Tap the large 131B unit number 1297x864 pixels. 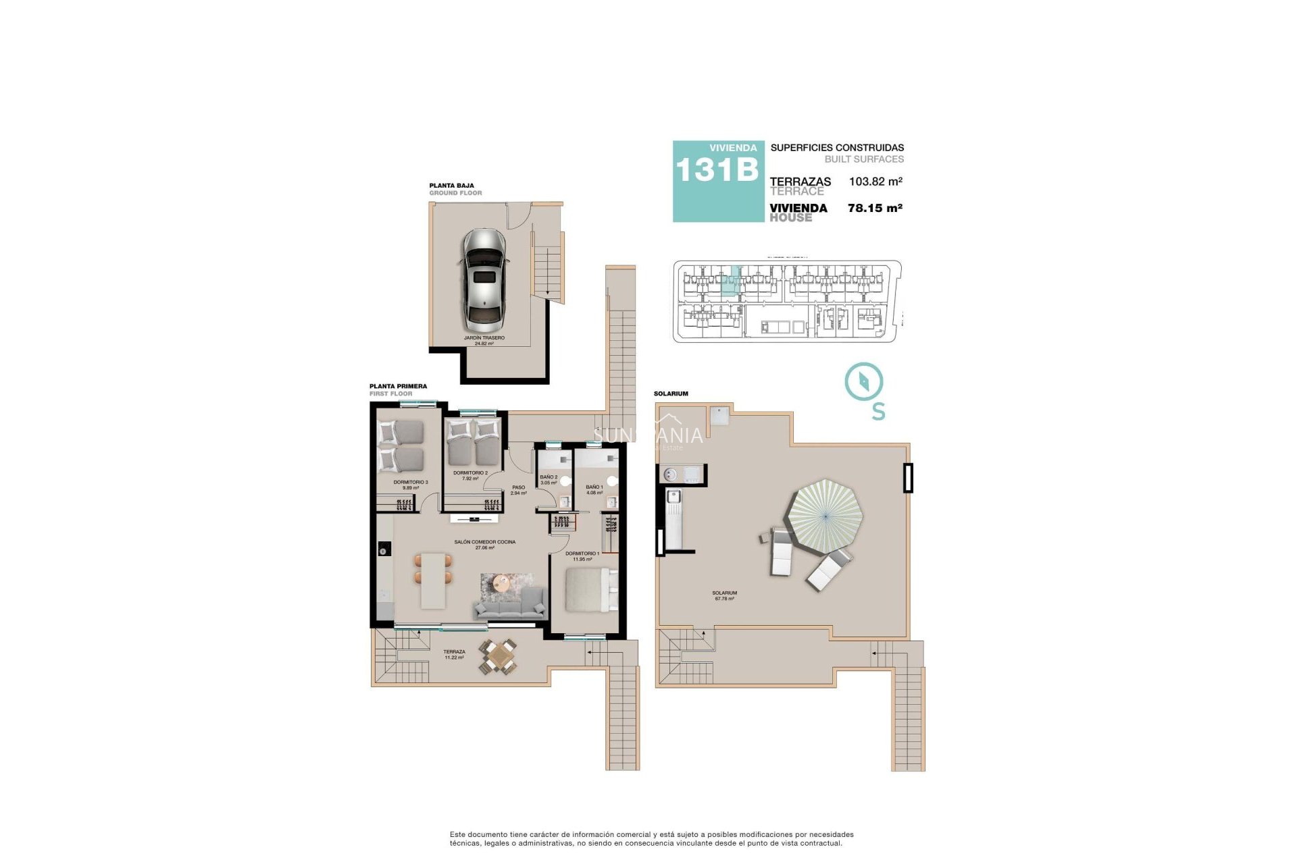[717, 169]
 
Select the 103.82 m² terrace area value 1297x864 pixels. [875, 182]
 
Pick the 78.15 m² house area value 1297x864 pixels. [875, 209]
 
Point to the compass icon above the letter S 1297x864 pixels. [864, 382]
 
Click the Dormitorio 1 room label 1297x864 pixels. [582, 556]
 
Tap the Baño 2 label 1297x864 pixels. [549, 479]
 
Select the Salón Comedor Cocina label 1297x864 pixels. [484, 545]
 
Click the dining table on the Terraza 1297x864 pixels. [499, 655]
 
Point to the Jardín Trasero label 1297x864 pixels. [484, 340]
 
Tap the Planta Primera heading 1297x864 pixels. [398, 387]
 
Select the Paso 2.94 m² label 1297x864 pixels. [518, 490]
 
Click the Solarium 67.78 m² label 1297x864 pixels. [724, 595]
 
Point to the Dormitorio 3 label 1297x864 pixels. [411, 485]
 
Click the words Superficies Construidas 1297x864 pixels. [836, 148]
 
